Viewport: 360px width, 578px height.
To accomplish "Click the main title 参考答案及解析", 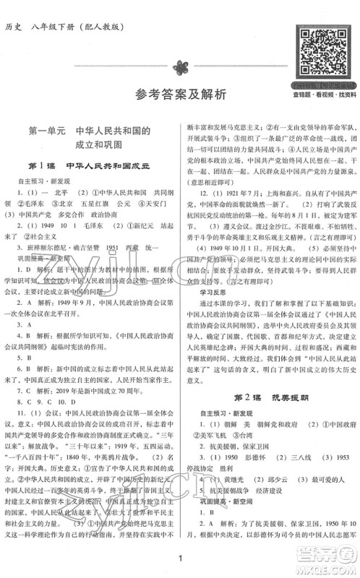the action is pyautogui.click(x=179, y=93).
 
